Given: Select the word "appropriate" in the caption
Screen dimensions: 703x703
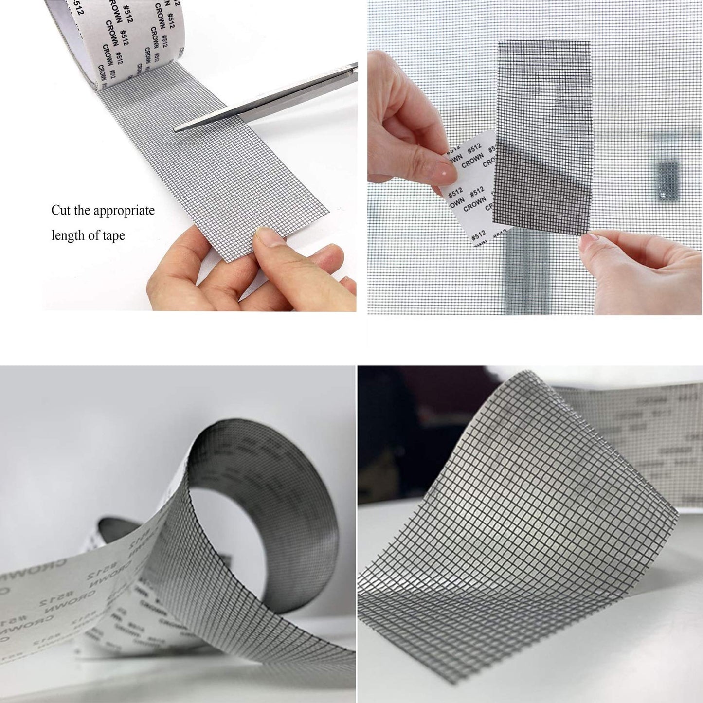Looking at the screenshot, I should point(124,211).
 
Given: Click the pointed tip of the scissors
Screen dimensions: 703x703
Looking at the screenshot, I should point(176,129).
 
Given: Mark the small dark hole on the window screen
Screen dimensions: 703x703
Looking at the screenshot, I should point(667,178).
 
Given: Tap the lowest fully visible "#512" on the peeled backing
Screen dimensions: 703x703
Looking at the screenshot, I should point(479,235).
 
